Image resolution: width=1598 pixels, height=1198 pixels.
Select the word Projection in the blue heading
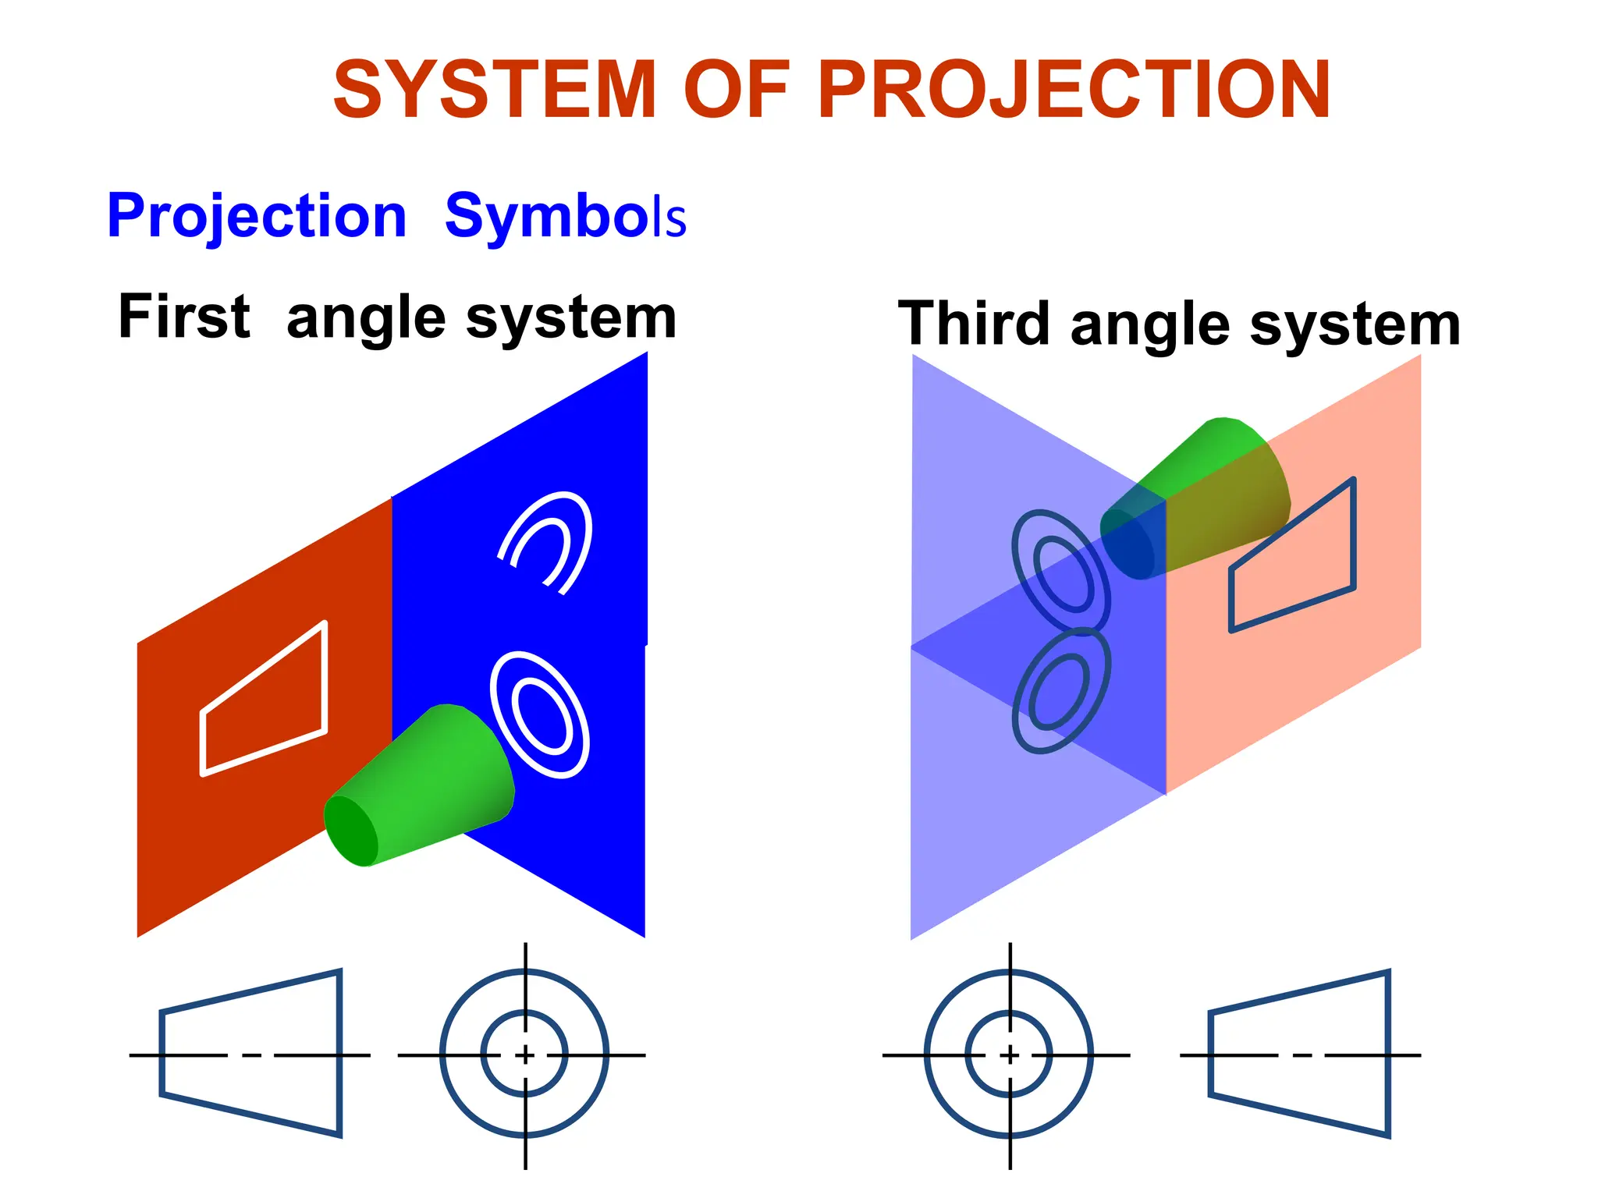click(x=257, y=217)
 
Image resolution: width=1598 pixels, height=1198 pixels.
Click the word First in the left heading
click(x=184, y=317)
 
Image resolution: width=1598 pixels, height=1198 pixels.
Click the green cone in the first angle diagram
click(x=437, y=780)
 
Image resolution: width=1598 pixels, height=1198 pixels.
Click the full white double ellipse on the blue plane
click(x=540, y=714)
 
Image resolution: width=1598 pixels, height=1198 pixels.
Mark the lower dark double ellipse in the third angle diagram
click(x=1060, y=691)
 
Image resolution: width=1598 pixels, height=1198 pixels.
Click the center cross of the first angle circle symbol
click(x=525, y=1055)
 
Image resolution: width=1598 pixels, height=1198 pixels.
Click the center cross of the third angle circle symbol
click(x=1010, y=1055)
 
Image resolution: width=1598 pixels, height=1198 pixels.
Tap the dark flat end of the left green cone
click(x=350, y=831)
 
